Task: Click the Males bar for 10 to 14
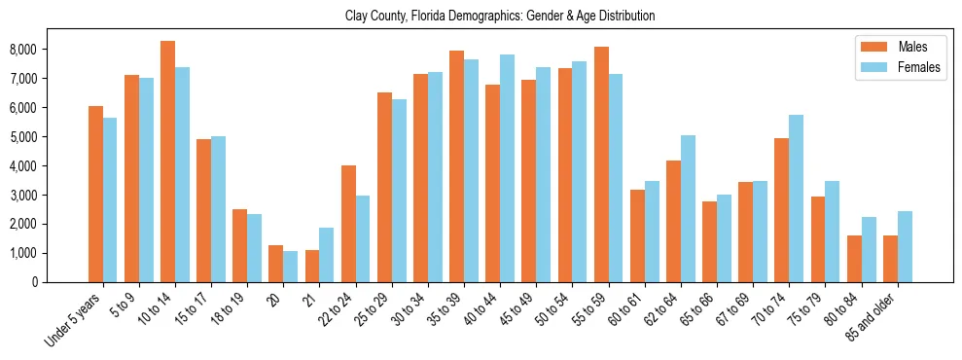[168, 162]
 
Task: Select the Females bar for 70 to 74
[796, 198]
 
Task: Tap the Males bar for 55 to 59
[601, 164]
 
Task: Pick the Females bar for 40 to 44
[507, 168]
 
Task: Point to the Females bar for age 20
[291, 267]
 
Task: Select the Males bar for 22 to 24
[348, 224]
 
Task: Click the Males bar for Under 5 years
[95, 194]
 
